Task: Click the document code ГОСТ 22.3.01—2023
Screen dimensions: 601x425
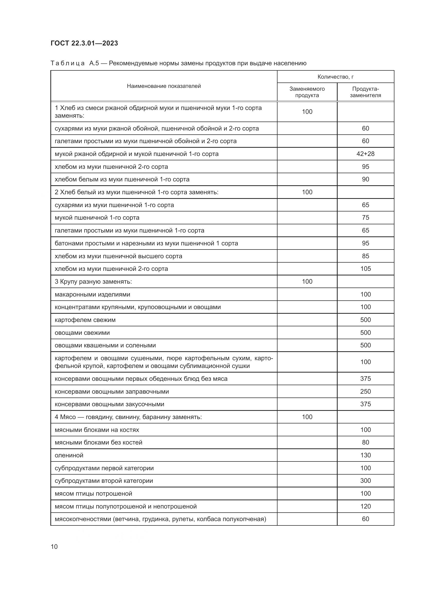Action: tap(84, 43)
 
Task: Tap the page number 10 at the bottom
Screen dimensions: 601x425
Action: tap(54, 547)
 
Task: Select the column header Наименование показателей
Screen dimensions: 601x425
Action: tap(164, 86)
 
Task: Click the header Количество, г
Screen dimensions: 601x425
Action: tap(336, 77)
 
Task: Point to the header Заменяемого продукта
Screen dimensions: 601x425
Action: tap(307, 92)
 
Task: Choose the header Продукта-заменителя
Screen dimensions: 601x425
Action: tap(365, 92)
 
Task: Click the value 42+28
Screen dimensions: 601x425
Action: tap(365, 154)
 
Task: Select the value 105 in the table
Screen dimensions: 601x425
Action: tap(365, 269)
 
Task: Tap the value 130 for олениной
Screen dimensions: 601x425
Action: tap(365, 455)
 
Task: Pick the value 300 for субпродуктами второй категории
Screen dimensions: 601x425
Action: tap(365, 480)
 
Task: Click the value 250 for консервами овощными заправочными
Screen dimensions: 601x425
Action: tap(365, 391)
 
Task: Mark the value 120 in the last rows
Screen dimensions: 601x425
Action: tap(365, 506)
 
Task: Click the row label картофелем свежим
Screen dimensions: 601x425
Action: tap(85, 320)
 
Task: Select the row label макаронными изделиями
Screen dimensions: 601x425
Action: tap(93, 294)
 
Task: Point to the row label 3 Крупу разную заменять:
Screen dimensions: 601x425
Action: tap(93, 282)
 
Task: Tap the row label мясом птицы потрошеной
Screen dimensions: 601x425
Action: tap(94, 494)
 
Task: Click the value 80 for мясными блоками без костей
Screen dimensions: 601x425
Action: tap(365, 442)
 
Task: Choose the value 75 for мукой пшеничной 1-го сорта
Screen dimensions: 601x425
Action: tap(365, 218)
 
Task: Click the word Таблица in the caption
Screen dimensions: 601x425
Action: tap(68, 63)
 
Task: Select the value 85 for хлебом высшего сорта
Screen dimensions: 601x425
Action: tap(365, 256)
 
